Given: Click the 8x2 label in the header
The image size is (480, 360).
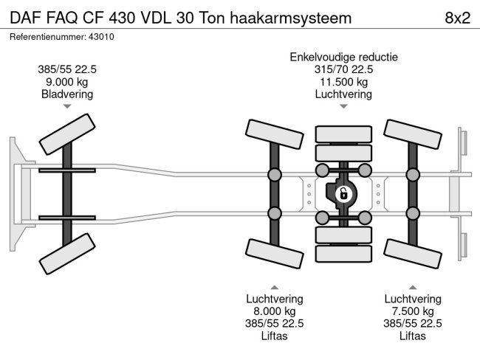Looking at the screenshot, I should (x=456, y=17).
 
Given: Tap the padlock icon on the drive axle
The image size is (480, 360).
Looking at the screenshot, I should (x=343, y=195).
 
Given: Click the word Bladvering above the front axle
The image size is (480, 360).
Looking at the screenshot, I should (x=67, y=94).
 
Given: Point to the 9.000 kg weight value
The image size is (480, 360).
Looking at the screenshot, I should (x=67, y=82).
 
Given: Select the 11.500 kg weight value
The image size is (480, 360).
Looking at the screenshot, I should (x=343, y=82).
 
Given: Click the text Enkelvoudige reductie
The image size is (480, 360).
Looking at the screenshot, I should (x=343, y=57).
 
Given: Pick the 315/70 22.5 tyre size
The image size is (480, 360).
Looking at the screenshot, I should (x=343, y=69).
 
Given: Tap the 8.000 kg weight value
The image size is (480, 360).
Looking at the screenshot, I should (x=274, y=311).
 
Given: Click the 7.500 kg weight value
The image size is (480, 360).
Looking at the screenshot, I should (x=412, y=311).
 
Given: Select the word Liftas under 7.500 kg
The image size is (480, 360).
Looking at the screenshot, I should (x=412, y=336).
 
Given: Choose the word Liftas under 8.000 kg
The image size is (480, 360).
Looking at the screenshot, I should (x=274, y=336).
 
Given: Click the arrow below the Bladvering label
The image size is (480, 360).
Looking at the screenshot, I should (x=67, y=107).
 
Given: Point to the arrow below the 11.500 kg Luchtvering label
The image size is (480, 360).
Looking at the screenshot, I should (x=343, y=107).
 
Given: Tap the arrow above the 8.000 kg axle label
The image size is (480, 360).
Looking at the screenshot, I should (x=274, y=287).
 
